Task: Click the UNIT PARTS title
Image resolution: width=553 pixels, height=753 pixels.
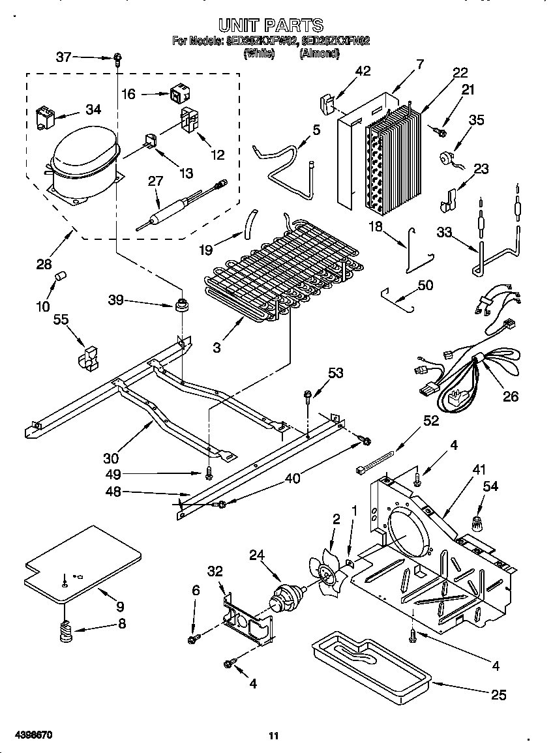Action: coord(271,25)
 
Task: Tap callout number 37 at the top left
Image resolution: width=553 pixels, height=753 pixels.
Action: coord(64,57)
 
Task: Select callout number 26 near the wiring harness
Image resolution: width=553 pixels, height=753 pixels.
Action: coord(511,396)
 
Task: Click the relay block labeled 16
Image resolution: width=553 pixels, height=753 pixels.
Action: coord(177,95)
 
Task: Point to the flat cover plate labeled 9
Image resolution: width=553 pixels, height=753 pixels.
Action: coord(82,563)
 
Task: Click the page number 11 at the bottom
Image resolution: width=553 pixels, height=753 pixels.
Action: coord(274,736)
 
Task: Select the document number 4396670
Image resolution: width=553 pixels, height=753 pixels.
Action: coord(32,735)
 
